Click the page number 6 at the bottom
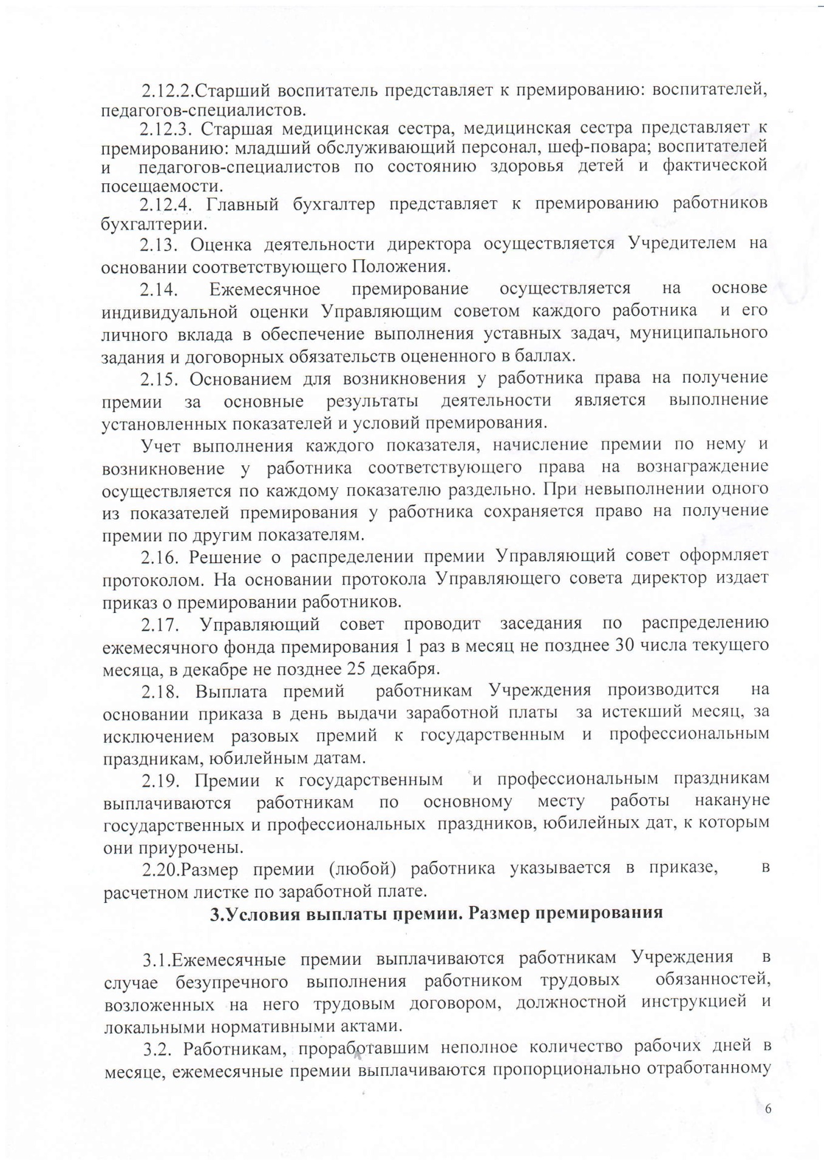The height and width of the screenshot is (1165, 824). tap(768, 1109)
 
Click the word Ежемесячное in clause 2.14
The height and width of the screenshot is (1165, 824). tap(265, 289)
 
